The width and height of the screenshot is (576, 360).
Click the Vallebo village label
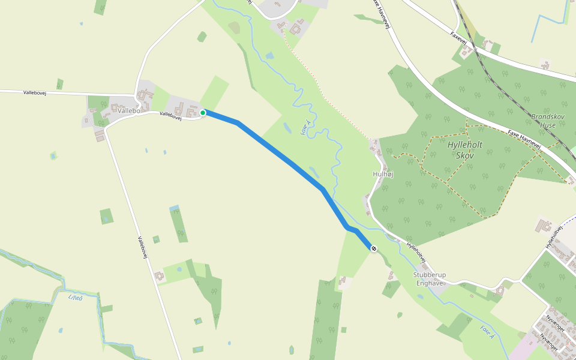pos(128,111)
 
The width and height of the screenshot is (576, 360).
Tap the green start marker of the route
pos(203,113)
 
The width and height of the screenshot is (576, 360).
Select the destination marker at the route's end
pos(374,248)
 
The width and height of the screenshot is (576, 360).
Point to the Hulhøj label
pos(383,174)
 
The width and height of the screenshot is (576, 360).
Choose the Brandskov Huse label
pos(544,121)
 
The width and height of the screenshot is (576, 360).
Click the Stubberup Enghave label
pos(430,279)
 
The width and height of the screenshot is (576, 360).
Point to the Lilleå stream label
pos(75,297)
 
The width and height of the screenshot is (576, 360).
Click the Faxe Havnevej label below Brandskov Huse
pos(524,139)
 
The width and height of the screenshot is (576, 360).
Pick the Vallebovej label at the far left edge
pos(35,93)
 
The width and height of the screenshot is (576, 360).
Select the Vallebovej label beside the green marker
pos(170,115)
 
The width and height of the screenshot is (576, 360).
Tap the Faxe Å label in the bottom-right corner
pos(487,332)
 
